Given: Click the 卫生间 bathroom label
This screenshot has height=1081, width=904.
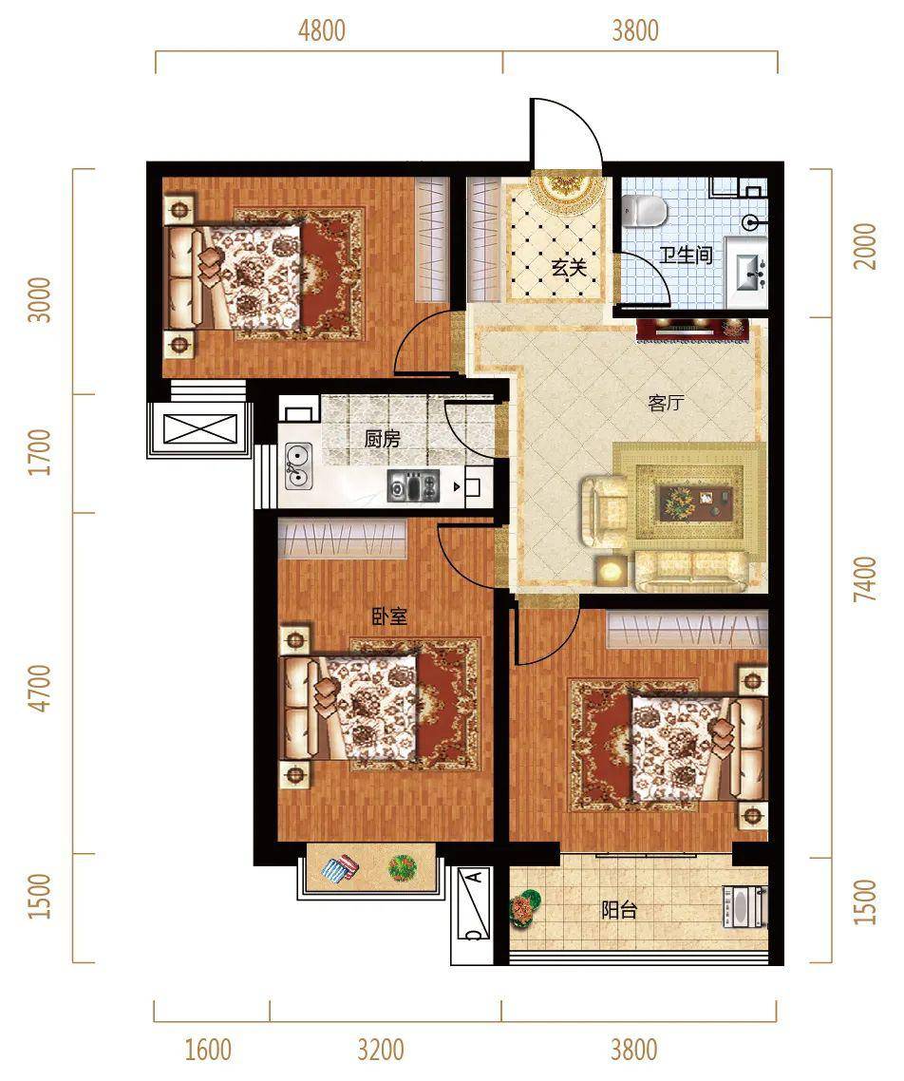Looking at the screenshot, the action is pos(686,256).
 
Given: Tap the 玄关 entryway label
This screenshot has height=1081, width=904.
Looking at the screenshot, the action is pos(569,267).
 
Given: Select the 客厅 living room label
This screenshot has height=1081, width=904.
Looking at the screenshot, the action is pos(667,403).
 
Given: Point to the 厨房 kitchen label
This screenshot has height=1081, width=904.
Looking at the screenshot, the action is pos(383,439).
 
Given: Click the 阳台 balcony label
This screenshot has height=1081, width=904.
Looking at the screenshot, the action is pos(619,910).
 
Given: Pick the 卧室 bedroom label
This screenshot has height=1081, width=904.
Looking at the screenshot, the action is pos(390,616).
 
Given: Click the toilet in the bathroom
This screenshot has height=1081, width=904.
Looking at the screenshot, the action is pos(644,211).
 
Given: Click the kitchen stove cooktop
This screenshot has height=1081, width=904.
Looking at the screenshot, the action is pos(413,485).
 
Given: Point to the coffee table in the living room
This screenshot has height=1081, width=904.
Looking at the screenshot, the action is pos(697,502).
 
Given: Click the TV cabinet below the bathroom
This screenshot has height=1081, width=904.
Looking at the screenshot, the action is pos(692,329).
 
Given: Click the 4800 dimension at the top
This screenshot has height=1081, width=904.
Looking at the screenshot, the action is pos(322,31).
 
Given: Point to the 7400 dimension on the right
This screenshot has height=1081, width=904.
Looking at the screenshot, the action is pos(865,579).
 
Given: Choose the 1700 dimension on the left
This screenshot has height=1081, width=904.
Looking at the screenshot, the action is pos(41,452).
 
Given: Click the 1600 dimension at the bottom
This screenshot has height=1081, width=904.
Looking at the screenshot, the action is pos(208,1050).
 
